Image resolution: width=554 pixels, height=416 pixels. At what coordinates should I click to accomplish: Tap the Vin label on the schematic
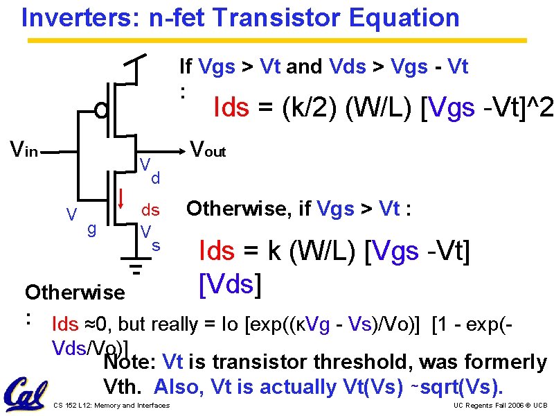pyautogui.click(x=22, y=147)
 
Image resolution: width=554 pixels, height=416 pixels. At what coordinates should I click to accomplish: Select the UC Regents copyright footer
pyautogui.click(x=500, y=405)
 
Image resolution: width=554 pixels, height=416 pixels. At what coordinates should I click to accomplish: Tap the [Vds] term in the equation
pyautogui.click(x=229, y=282)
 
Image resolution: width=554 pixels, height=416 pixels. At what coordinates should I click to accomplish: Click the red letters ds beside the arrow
pyautogui.click(x=150, y=209)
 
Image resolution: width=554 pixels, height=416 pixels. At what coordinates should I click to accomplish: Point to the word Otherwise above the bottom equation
pyautogui.click(x=74, y=292)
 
